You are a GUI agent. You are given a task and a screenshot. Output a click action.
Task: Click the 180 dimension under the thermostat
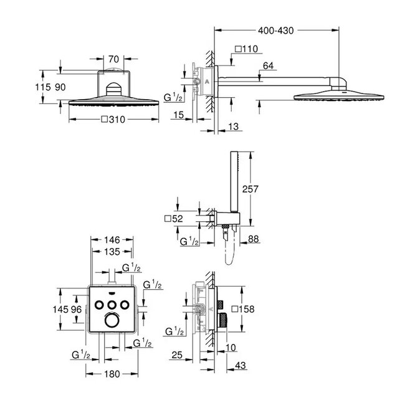point(112,375)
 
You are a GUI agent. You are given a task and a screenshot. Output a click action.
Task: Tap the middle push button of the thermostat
point(112,303)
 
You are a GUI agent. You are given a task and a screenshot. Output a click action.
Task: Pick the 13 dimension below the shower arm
point(233,127)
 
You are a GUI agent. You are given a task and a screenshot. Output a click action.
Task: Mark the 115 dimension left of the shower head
point(43,88)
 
